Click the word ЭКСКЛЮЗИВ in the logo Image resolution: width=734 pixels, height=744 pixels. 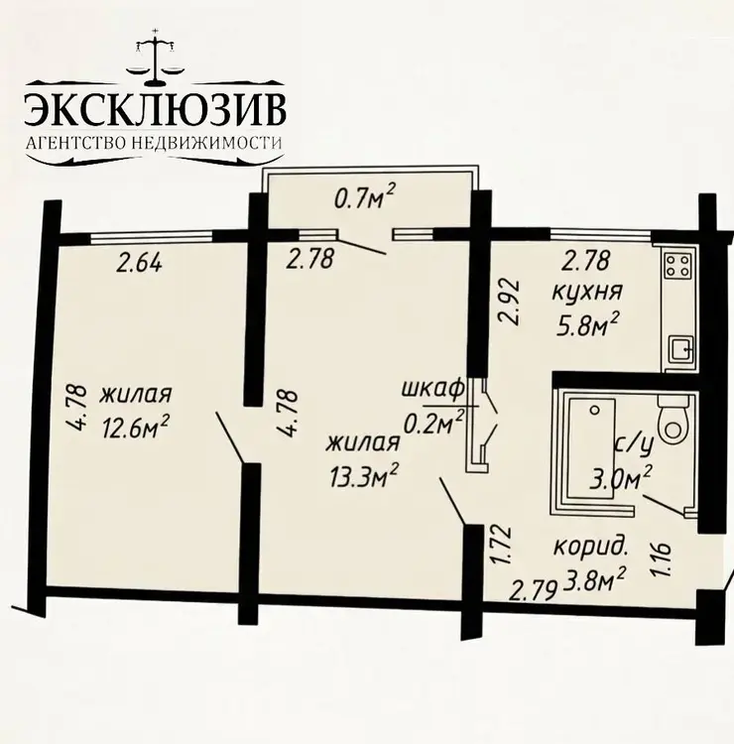point(155,110)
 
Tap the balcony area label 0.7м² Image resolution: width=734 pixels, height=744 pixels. point(365,198)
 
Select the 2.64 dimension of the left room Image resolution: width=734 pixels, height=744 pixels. point(139,263)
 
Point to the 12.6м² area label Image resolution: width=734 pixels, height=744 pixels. point(135,428)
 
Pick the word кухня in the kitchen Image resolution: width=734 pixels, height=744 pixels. point(587,292)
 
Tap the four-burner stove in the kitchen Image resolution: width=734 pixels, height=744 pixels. point(679,265)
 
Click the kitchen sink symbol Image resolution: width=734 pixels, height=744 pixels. point(680,350)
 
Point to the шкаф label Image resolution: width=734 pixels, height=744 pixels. point(432,389)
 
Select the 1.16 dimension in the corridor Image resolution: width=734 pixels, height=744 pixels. point(662,559)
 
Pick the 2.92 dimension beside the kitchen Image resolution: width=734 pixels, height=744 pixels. point(510,303)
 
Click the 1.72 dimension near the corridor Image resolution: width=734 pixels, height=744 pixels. point(501,545)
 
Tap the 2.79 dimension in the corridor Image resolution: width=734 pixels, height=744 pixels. point(532,592)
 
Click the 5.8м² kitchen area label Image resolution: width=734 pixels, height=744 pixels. point(587,325)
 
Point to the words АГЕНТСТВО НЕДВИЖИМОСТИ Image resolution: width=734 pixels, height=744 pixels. point(154,142)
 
